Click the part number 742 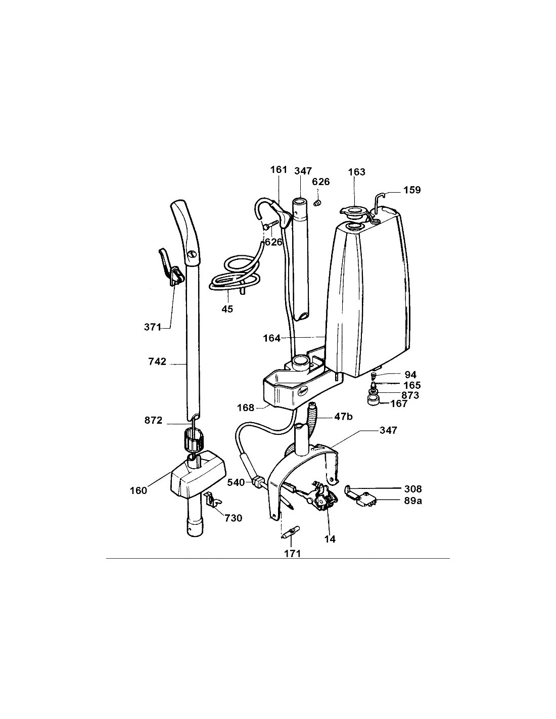coord(157,362)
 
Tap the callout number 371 coord(153,327)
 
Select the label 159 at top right coord(412,190)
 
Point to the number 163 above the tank coord(356,172)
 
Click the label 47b coord(343,417)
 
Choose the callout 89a coord(413,501)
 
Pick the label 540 coord(236,483)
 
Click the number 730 coord(234,518)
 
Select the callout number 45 coord(227,309)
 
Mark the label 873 coord(410,395)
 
